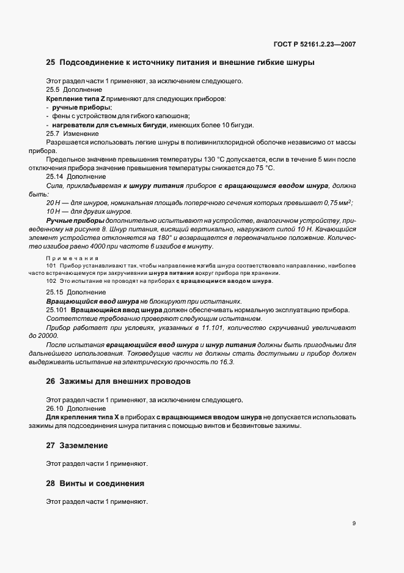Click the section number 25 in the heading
(50, 62)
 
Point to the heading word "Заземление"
(84, 445)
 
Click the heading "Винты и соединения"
(101, 483)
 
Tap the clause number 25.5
(53, 89)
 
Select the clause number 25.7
(53, 133)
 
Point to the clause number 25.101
(56, 310)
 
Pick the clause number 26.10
(54, 408)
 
